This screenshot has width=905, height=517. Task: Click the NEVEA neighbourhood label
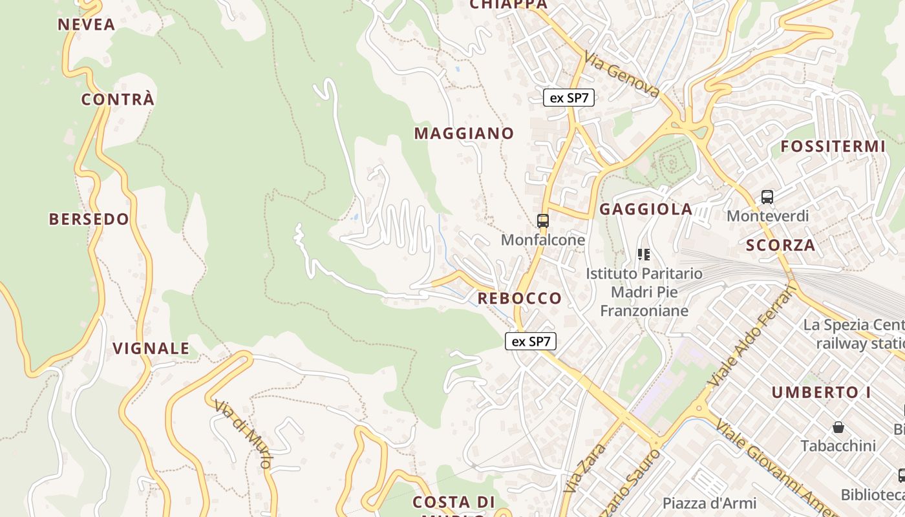coord(86,25)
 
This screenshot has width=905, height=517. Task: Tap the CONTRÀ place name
coord(118,100)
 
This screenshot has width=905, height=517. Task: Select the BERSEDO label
coord(89,219)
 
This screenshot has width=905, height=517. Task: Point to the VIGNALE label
coord(151,349)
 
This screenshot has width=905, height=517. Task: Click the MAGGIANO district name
coord(464,134)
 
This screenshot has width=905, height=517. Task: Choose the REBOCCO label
coord(520,299)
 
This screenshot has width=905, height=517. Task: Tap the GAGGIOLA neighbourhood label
coord(646,209)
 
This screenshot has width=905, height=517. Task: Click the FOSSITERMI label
coord(833,147)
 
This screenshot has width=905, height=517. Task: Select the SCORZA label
coord(780,246)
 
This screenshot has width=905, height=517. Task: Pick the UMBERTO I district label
coord(821,392)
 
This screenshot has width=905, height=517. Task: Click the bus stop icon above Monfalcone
coord(543,221)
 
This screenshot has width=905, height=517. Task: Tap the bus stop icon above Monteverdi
coord(767,197)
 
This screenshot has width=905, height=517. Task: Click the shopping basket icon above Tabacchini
coord(838,427)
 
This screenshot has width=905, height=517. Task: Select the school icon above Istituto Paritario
coord(643,255)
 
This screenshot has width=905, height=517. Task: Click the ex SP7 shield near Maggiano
coord(568,98)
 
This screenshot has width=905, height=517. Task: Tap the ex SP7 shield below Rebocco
coord(530,342)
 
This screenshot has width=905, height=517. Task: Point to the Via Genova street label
coord(622,74)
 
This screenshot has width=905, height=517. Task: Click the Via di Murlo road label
coord(245,434)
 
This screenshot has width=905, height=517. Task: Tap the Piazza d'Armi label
coord(709,503)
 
